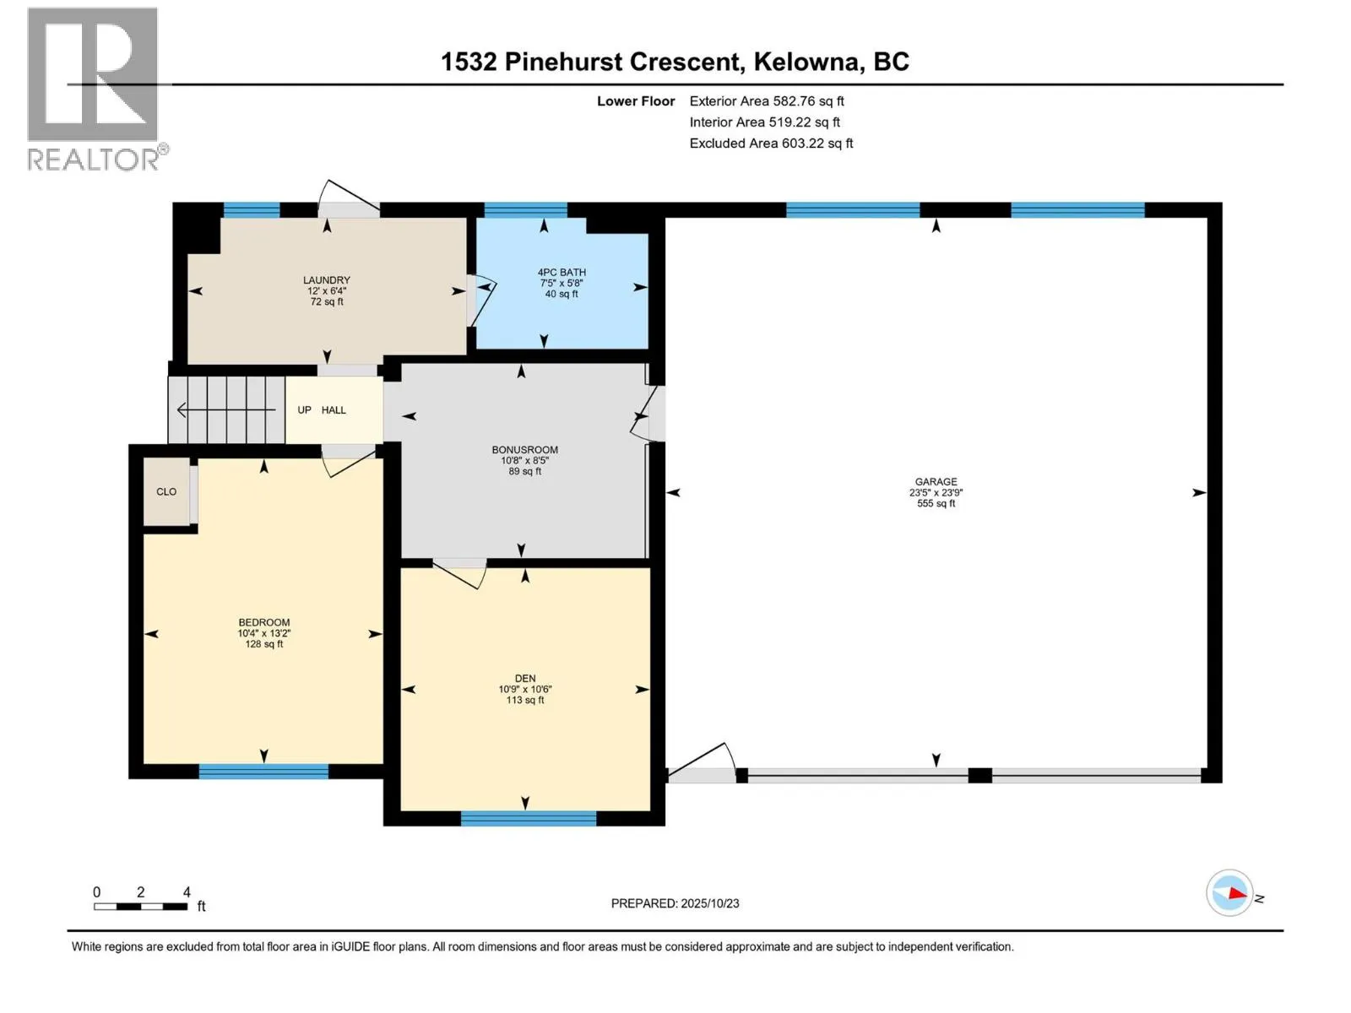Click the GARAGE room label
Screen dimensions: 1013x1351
tap(936, 481)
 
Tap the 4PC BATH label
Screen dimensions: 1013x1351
tap(562, 272)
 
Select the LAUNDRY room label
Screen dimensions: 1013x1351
tap(327, 280)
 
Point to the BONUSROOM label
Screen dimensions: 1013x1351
tap(524, 450)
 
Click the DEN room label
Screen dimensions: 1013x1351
tap(524, 678)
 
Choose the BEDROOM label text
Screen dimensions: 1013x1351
tap(263, 622)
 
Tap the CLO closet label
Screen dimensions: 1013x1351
tap(166, 491)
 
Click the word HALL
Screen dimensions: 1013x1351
tap(334, 410)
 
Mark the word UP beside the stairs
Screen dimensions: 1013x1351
tap(304, 410)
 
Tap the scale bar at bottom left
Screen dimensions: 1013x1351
tap(140, 907)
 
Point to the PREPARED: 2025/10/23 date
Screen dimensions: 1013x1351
tap(675, 903)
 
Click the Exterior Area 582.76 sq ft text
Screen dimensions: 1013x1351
tap(766, 101)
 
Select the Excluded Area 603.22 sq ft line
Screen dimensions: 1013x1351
tap(770, 144)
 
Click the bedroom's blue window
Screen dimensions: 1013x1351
tap(263, 771)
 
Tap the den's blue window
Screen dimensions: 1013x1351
tap(529, 818)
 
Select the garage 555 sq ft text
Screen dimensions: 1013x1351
tap(936, 503)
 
